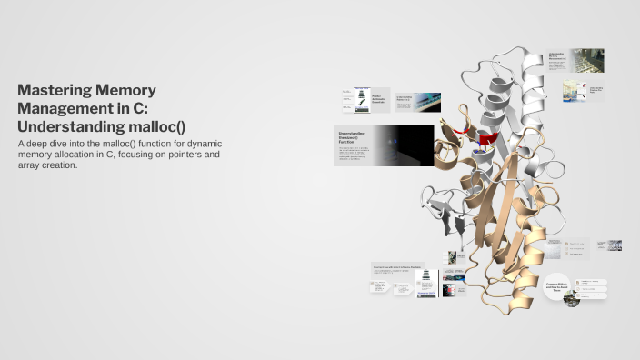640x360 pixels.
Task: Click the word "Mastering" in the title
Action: point(53,90)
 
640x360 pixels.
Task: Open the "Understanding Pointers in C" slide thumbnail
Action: point(417,100)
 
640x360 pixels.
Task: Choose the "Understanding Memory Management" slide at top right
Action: point(575,60)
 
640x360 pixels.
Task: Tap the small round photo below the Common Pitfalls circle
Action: point(572,298)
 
